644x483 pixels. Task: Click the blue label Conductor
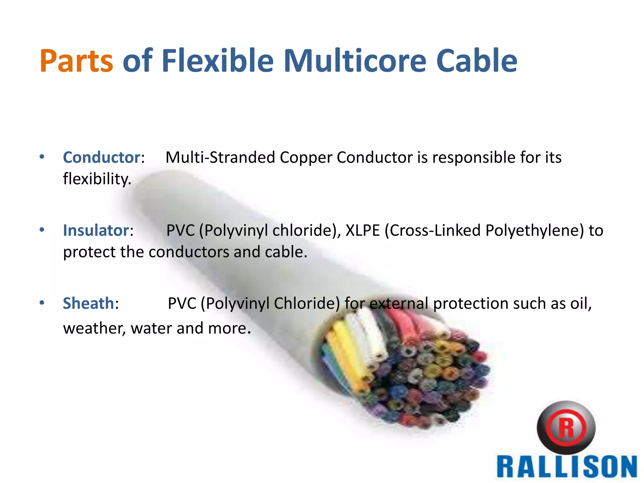tap(102, 157)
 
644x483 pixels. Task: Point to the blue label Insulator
tap(96, 230)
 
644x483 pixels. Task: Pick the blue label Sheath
tap(88, 303)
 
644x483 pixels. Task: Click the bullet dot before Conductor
tap(42, 157)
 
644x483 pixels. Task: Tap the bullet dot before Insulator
tap(42, 230)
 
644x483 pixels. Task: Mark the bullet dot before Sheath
tap(42, 303)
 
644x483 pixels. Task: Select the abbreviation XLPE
tap(363, 230)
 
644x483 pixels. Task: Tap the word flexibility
tap(97, 179)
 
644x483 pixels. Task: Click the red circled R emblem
tap(566, 428)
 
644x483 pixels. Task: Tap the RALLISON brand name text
tap(567, 468)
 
